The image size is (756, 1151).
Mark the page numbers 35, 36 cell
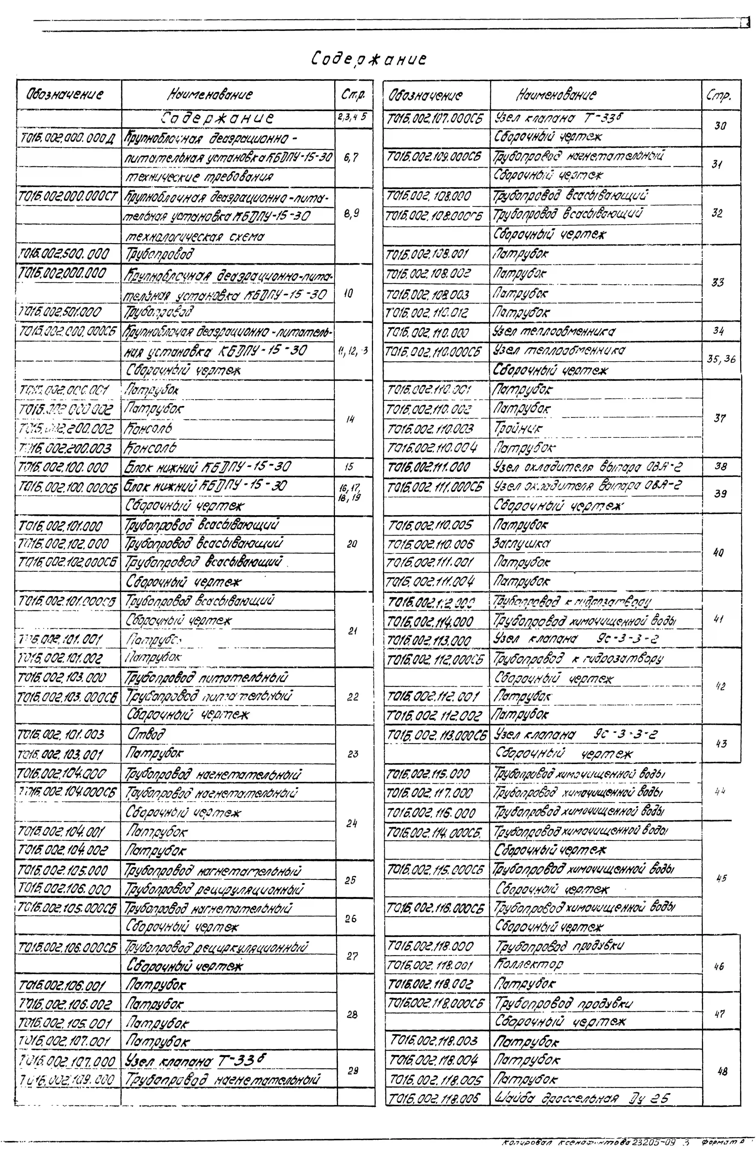click(x=721, y=359)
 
